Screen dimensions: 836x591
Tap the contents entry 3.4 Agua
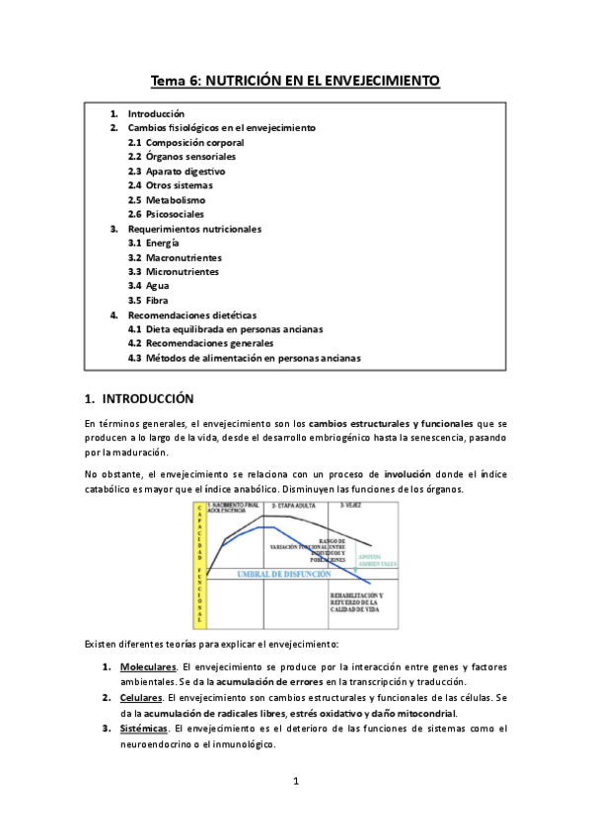click(x=151, y=286)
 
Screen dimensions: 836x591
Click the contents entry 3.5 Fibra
click(x=151, y=301)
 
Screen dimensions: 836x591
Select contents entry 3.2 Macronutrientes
click(x=175, y=257)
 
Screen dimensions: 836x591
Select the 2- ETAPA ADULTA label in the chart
click(x=294, y=505)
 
